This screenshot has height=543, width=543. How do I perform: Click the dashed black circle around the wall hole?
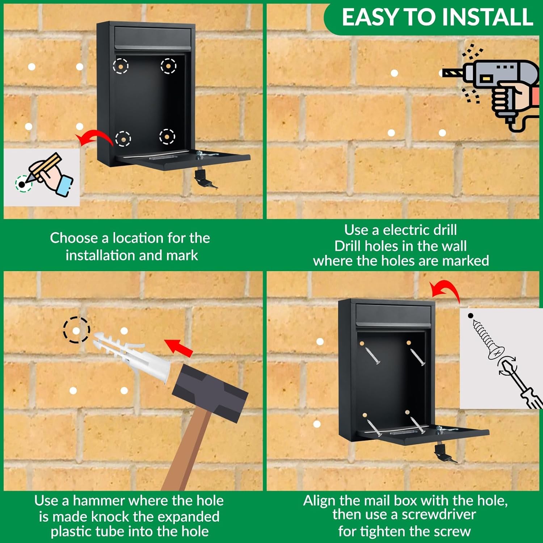[76, 330]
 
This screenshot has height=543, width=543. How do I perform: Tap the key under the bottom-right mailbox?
[445, 454]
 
